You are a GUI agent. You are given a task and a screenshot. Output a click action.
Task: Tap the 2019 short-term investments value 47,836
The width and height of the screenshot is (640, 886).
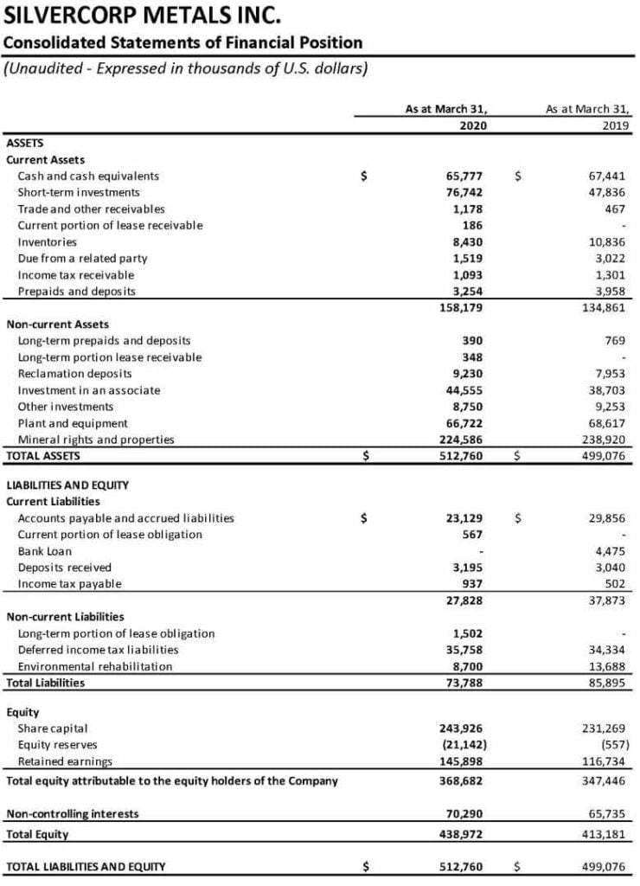pos(606,192)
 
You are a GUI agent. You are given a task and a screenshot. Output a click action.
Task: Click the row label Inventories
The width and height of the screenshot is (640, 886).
pos(47,241)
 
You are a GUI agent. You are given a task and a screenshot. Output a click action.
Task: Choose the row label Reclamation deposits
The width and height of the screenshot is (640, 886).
pos(74,374)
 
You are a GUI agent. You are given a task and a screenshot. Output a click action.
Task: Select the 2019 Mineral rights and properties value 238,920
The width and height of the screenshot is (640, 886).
pos(603,440)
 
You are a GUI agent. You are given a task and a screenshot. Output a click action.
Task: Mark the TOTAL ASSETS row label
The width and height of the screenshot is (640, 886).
pos(42,454)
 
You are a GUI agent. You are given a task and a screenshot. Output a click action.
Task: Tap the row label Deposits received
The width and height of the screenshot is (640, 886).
pos(64,568)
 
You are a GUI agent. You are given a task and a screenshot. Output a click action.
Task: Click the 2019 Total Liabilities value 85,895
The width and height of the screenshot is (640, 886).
pos(606,683)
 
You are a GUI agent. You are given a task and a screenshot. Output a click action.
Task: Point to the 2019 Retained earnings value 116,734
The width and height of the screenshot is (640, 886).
pos(603,761)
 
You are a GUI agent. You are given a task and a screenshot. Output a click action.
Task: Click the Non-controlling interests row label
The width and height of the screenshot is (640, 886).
pos(72,814)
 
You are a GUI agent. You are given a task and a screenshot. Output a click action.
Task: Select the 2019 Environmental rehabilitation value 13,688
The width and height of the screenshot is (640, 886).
pos(606,666)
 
